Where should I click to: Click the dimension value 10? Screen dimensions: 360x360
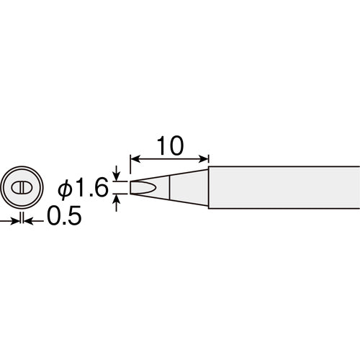pyautogui.click(x=170, y=146)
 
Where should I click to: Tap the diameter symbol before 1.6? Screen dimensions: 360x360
pyautogui.click(x=66, y=189)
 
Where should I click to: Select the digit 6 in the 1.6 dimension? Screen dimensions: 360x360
pyautogui.click(x=101, y=188)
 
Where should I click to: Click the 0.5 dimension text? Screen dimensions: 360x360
pyautogui.click(x=64, y=215)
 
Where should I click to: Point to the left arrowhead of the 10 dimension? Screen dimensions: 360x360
pyautogui.click(x=135, y=159)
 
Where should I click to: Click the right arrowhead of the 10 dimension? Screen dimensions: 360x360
pyautogui.click(x=204, y=159)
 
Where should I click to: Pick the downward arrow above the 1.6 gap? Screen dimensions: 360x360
pyautogui.click(x=117, y=174)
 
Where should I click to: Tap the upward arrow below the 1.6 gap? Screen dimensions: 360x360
pyautogui.click(x=117, y=203)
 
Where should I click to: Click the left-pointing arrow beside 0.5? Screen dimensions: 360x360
pyautogui.click(x=34, y=221)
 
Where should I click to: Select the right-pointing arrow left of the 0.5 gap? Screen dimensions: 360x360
pyautogui.click(x=9, y=221)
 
